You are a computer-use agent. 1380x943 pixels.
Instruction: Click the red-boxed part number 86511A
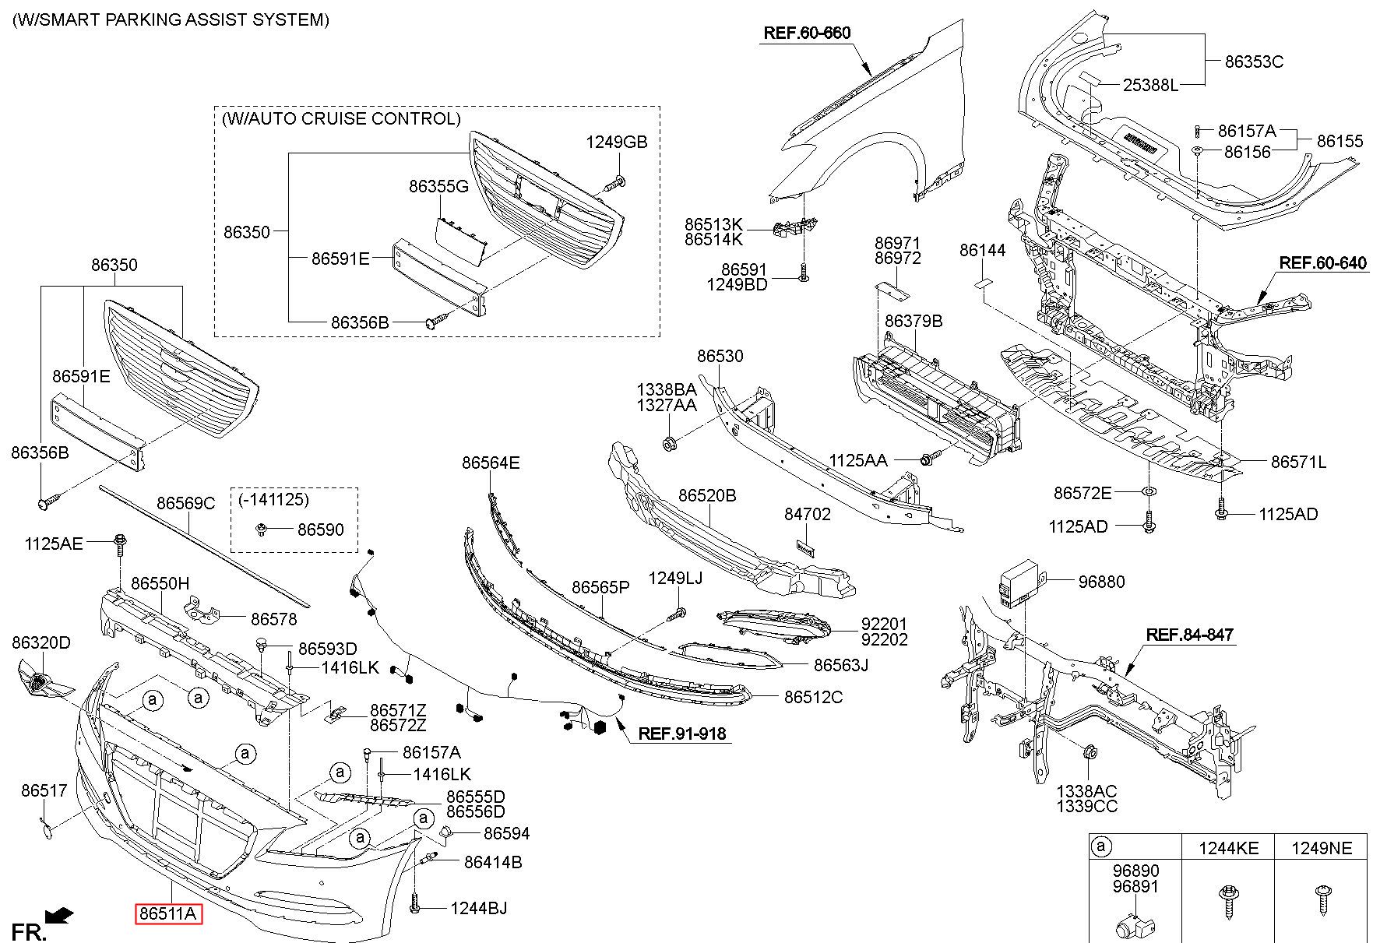168,913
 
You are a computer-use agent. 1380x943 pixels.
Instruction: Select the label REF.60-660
807,33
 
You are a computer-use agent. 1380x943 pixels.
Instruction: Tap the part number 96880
1101,582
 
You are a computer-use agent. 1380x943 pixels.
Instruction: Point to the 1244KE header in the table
1227,847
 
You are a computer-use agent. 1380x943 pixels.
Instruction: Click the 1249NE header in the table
1321,847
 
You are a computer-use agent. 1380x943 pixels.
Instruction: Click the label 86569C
185,504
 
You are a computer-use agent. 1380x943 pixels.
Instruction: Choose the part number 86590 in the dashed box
321,530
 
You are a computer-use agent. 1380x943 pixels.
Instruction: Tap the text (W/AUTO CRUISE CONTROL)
341,119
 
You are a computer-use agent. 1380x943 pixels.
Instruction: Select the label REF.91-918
681,734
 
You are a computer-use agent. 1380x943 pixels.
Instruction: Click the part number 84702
807,515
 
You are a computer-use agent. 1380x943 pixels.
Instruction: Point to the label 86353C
1254,62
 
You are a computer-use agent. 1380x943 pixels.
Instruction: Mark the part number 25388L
1150,85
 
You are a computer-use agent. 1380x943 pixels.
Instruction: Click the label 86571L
1298,463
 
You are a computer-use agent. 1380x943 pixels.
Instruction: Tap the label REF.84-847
1189,635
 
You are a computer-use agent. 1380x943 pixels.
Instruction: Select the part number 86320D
41,642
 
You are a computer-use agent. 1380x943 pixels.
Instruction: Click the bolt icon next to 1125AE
121,543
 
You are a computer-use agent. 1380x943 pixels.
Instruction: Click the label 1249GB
617,143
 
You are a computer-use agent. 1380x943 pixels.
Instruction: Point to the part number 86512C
813,697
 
